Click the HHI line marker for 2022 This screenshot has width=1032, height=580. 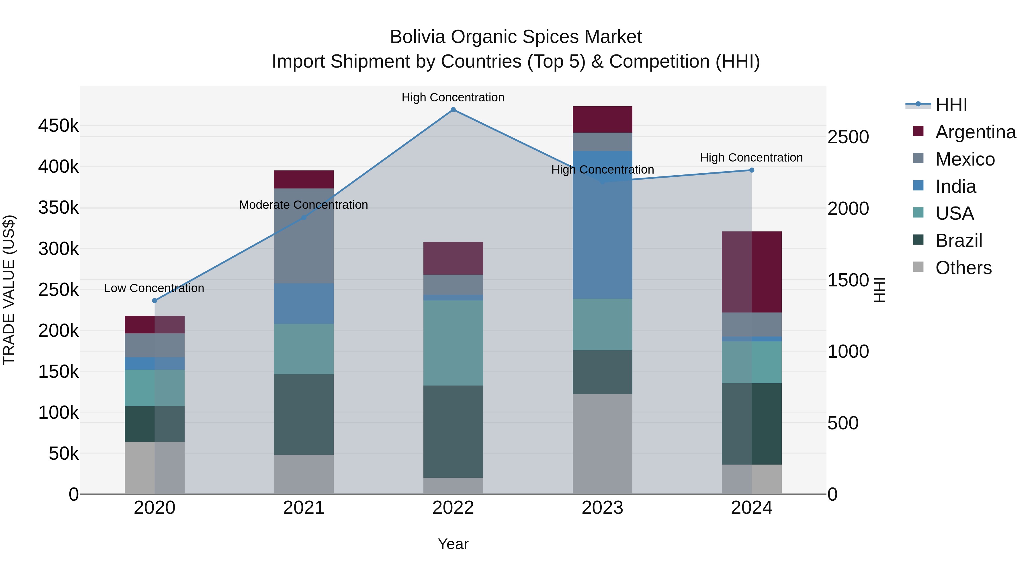[453, 110]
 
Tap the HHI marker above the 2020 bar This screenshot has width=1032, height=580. [155, 301]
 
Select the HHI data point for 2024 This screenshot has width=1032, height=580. [752, 170]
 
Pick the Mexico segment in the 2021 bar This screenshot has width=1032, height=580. [304, 236]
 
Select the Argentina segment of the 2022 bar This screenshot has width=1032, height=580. [453, 258]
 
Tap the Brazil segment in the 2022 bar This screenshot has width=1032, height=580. [453, 432]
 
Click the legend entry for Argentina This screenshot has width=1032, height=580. [975, 132]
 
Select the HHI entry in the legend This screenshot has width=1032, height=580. [951, 105]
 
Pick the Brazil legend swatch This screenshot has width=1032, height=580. [918, 240]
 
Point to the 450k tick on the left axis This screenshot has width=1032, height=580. [58, 126]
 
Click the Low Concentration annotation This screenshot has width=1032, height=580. [154, 288]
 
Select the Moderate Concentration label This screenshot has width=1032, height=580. [303, 205]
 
